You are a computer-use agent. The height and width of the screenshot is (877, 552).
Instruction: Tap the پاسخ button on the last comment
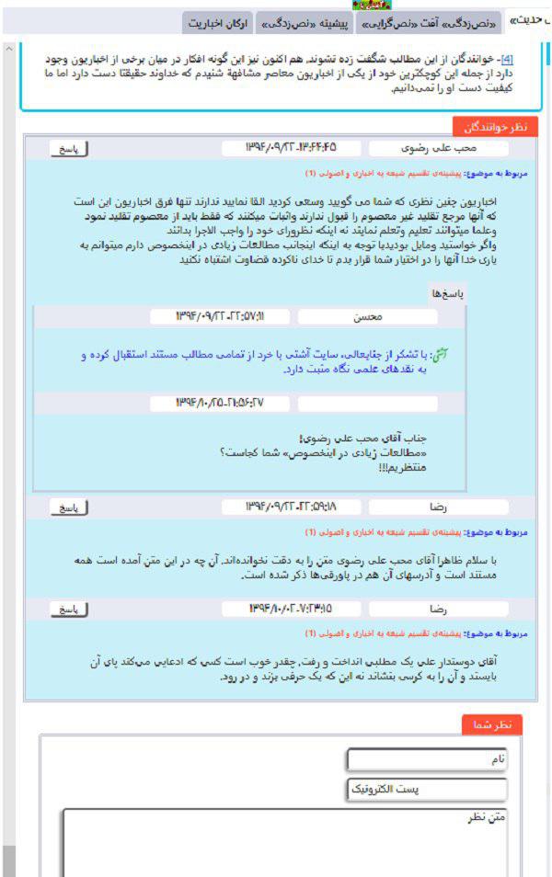[x=69, y=609]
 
